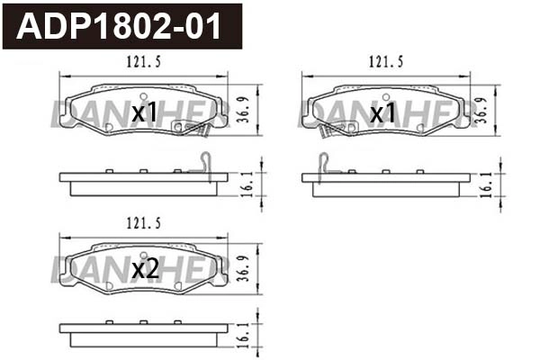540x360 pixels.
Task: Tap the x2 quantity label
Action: pos(145,268)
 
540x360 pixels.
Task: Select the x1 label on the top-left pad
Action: pos(145,112)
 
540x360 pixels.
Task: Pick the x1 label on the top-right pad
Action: pos(384,112)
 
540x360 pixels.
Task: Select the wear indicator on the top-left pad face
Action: pos(193,130)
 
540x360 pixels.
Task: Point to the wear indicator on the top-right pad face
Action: pos(336,130)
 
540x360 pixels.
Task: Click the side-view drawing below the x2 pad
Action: pos(144,335)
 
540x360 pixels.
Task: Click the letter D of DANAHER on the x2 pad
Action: pos(61,267)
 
